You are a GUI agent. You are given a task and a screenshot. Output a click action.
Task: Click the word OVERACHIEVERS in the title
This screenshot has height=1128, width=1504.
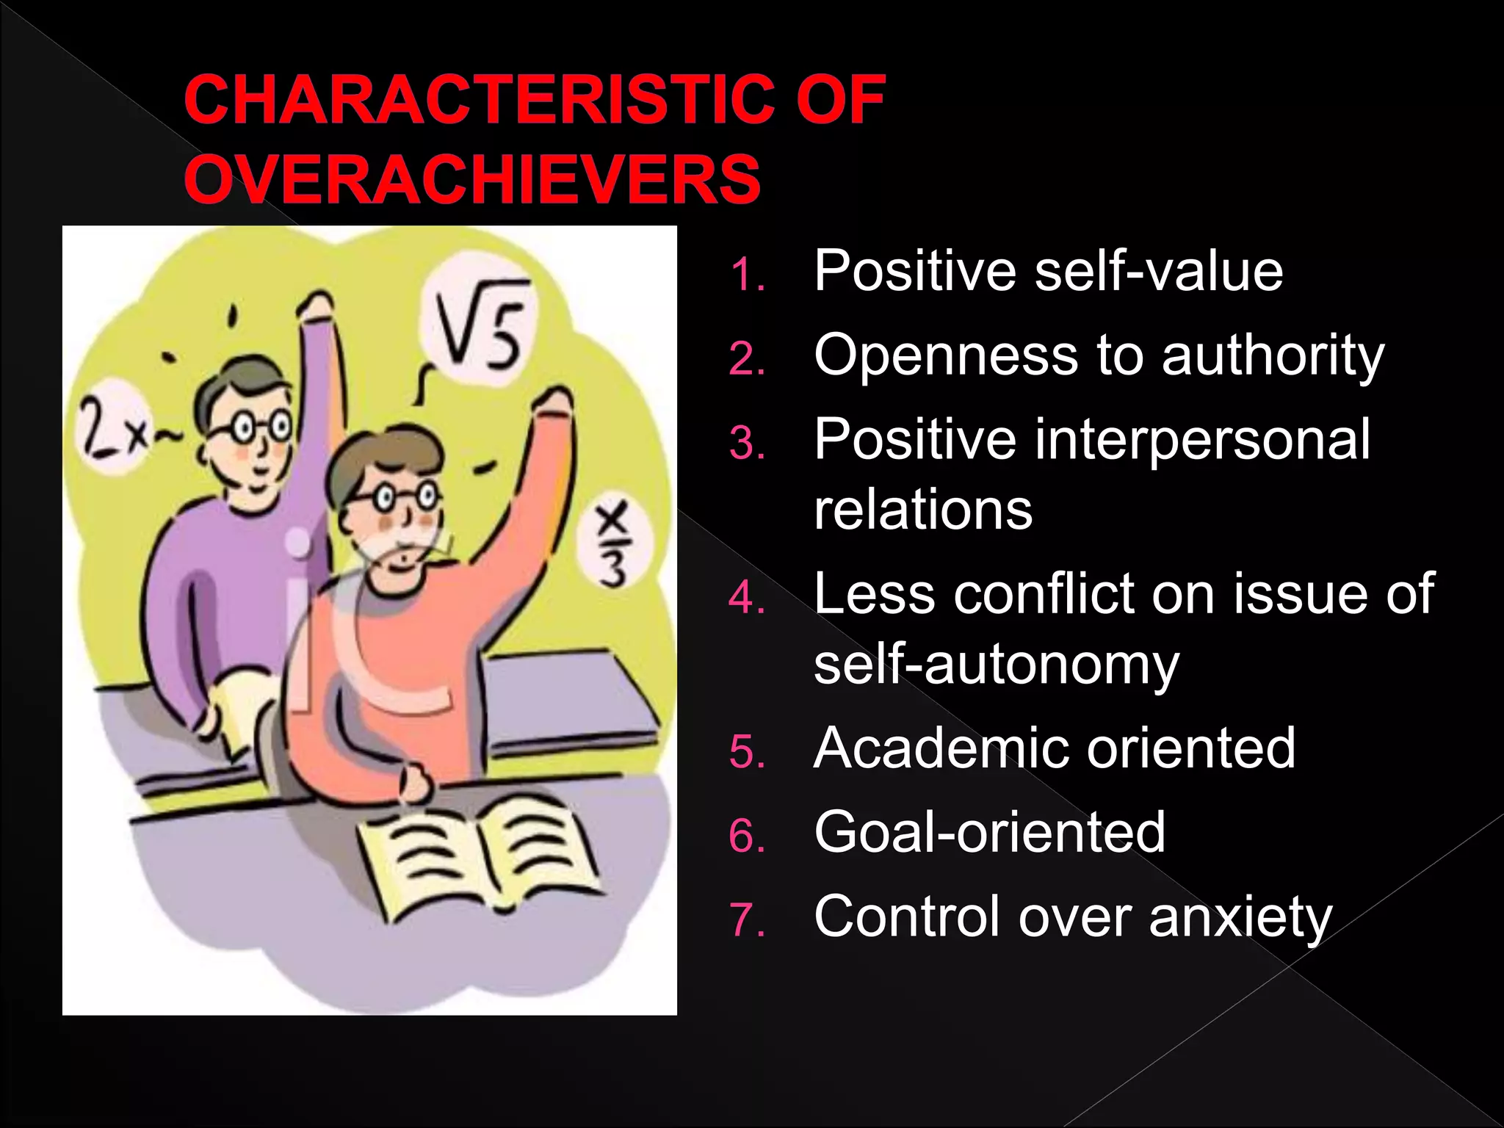tap(472, 180)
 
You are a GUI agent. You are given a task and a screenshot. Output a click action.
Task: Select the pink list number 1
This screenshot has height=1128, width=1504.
tap(747, 276)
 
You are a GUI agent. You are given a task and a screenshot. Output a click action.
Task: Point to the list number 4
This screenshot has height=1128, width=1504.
tap(747, 598)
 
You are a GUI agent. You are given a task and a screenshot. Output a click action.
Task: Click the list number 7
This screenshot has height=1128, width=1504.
tap(747, 920)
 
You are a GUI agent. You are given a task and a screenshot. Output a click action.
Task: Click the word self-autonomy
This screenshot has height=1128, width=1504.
tap(996, 665)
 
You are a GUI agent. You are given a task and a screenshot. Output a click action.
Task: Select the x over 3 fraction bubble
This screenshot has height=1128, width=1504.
tap(613, 544)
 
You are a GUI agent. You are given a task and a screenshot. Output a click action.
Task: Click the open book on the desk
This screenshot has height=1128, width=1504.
tap(481, 856)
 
